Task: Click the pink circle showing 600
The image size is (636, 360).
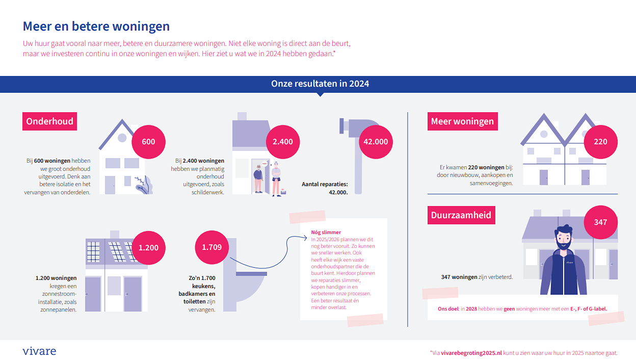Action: pyautogui.click(x=148, y=142)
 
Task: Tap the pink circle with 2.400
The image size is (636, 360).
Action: pyautogui.click(x=283, y=142)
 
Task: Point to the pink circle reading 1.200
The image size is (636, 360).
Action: pyautogui.click(x=148, y=248)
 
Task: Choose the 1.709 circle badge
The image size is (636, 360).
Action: pyautogui.click(x=212, y=247)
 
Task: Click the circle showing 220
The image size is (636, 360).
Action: pyautogui.click(x=600, y=142)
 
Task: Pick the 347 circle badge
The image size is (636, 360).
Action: pyautogui.click(x=600, y=222)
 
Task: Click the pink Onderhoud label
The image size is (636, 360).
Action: pyautogui.click(x=49, y=121)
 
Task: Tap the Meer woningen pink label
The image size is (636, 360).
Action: pyautogui.click(x=462, y=121)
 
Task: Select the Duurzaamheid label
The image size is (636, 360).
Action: pyautogui.click(x=461, y=215)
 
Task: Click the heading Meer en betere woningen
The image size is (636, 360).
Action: pyautogui.click(x=96, y=27)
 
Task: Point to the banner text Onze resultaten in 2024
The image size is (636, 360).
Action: pyautogui.click(x=320, y=84)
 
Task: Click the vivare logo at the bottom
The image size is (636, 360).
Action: pyautogui.click(x=39, y=351)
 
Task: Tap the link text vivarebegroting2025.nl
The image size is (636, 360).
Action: pyautogui.click(x=471, y=353)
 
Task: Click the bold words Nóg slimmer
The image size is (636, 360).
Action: pyautogui.click(x=326, y=233)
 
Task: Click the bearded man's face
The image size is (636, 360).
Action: pyautogui.click(x=563, y=239)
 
